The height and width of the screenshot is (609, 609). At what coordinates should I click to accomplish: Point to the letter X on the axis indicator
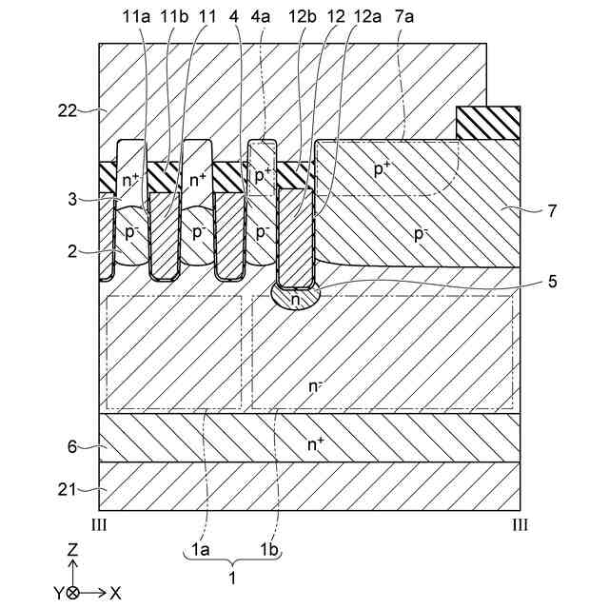coord(115,592)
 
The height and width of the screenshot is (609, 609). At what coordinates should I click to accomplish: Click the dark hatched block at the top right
coord(488,122)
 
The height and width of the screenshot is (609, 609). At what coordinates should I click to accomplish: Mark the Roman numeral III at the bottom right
coord(520,524)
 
